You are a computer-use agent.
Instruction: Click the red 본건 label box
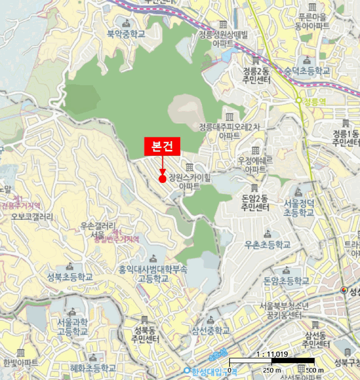pos(162,147)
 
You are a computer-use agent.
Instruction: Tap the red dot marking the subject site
pos(162,179)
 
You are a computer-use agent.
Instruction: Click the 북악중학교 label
pos(127,34)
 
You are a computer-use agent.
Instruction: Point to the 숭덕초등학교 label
pos(307,71)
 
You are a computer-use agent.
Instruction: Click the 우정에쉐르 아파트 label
pos(255,165)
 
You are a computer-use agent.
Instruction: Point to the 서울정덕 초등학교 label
pos(298,208)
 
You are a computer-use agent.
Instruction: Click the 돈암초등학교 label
pos(286,281)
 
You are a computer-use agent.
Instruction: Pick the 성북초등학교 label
pos(70,276)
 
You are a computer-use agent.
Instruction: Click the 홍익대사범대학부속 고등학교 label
pos(153,273)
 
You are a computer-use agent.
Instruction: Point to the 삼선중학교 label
pos(210,330)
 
